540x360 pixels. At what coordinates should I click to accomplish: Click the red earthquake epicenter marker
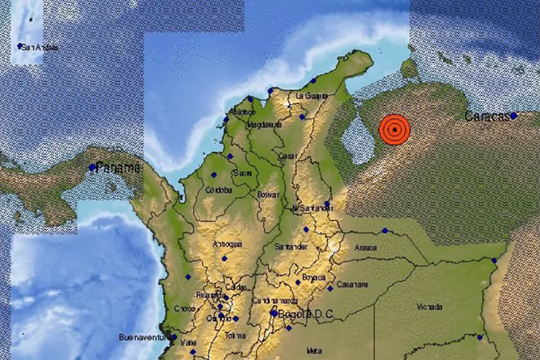click(394, 129)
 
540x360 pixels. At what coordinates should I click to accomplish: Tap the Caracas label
click(486, 117)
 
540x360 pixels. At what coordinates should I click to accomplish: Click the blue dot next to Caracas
click(514, 115)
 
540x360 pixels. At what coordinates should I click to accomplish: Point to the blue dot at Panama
click(92, 167)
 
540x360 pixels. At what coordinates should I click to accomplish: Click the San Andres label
click(40, 47)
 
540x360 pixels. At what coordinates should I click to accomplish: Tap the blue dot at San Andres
click(20, 47)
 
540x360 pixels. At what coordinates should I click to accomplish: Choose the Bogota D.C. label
click(306, 313)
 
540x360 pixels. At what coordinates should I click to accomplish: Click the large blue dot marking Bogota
click(273, 313)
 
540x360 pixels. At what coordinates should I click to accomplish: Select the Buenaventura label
click(142, 336)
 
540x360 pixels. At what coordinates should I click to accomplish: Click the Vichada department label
click(429, 307)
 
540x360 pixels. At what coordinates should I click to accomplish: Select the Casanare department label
click(352, 283)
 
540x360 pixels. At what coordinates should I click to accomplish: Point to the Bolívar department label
click(268, 195)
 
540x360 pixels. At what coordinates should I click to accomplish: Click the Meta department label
click(314, 351)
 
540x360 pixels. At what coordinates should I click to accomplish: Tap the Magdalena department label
click(263, 125)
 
